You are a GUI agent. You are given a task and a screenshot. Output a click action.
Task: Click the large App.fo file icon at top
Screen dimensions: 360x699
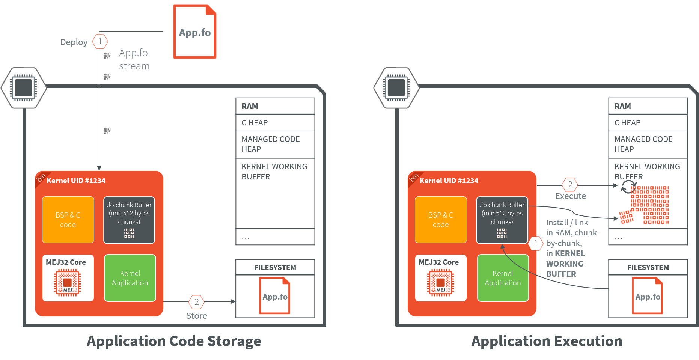[194, 32]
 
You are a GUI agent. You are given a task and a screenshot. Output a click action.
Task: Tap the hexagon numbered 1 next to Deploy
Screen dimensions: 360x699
[100, 41]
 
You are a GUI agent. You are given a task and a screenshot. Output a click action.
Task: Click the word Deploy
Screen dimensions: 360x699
[74, 42]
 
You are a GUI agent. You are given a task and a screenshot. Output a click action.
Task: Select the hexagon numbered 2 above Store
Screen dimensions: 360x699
[196, 302]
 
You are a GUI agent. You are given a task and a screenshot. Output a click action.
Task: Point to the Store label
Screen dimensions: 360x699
[196, 316]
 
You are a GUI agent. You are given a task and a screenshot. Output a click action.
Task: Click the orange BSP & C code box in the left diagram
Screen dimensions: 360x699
[68, 220]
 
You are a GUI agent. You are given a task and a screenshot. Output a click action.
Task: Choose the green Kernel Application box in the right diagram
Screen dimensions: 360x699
[503, 278]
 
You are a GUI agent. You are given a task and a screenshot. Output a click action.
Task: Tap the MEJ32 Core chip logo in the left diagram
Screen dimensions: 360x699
[68, 282]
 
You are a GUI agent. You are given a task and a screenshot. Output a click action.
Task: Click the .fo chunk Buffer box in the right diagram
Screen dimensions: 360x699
[502, 220]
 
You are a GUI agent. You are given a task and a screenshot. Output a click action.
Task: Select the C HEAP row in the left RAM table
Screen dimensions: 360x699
[275, 123]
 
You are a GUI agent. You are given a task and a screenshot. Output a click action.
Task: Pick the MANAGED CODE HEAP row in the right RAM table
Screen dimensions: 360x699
[648, 144]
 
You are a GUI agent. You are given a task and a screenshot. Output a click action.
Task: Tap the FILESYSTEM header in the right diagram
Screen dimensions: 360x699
[648, 267]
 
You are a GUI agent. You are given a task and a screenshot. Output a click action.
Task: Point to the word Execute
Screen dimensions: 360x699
[570, 196]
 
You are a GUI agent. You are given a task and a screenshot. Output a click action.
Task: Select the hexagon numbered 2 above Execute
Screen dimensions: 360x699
[570, 184]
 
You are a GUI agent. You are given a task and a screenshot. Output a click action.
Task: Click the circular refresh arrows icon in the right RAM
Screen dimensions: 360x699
[628, 187]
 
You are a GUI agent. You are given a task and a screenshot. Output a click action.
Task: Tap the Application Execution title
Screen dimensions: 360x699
[547, 341]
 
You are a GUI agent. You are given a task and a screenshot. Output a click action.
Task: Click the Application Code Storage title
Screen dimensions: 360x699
[174, 341]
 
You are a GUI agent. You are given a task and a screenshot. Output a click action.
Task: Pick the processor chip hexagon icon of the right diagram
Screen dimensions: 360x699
[396, 88]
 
